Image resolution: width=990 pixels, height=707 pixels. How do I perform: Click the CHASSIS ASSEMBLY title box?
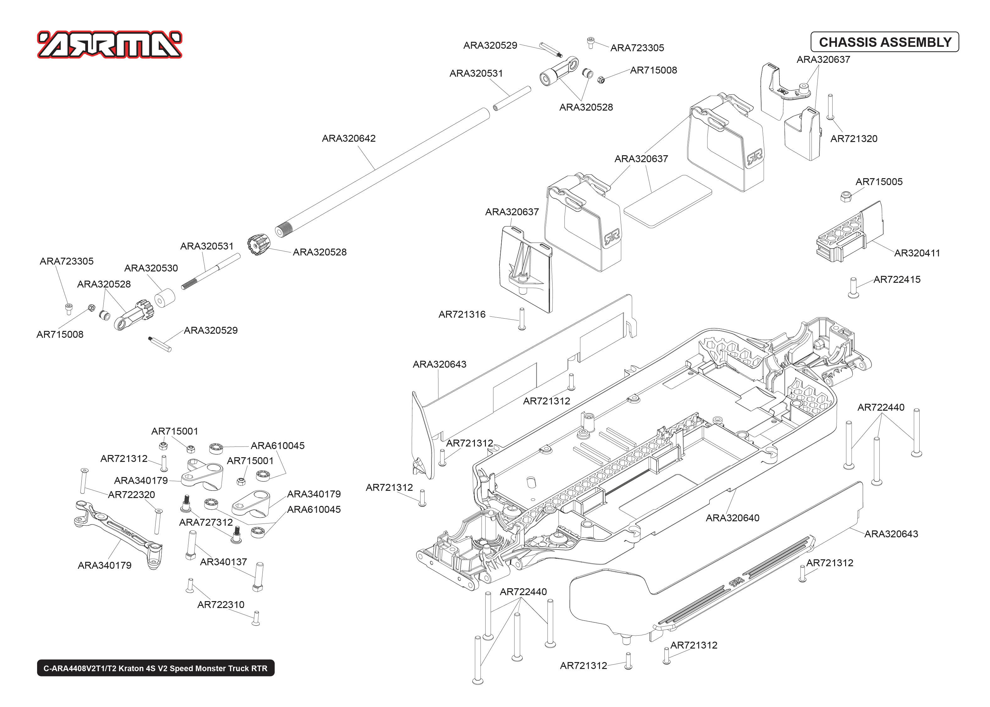pyautogui.click(x=885, y=42)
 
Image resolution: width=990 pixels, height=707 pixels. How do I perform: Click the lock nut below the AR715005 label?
pyautogui.click(x=845, y=196)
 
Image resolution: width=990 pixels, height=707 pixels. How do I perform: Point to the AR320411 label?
pyautogui.click(x=917, y=253)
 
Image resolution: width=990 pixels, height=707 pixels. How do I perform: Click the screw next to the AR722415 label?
pyautogui.click(x=853, y=288)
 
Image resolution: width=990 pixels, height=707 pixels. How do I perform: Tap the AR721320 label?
pyautogui.click(x=853, y=139)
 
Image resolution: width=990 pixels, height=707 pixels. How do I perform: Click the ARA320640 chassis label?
pyautogui.click(x=732, y=518)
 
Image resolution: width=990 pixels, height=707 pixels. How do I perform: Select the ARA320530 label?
pyautogui.click(x=151, y=268)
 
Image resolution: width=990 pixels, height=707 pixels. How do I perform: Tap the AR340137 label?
pyautogui.click(x=223, y=562)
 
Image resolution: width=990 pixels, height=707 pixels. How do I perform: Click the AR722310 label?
pyautogui.click(x=221, y=605)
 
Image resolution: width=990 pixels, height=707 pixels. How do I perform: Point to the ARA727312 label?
pyautogui.click(x=206, y=523)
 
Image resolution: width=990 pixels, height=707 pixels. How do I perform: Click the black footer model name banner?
pyautogui.click(x=156, y=668)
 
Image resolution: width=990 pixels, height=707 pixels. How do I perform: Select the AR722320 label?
pyautogui.click(x=131, y=495)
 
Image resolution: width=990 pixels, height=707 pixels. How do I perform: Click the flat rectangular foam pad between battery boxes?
pyautogui.click(x=668, y=201)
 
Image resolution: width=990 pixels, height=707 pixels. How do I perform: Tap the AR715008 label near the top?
pyautogui.click(x=653, y=70)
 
